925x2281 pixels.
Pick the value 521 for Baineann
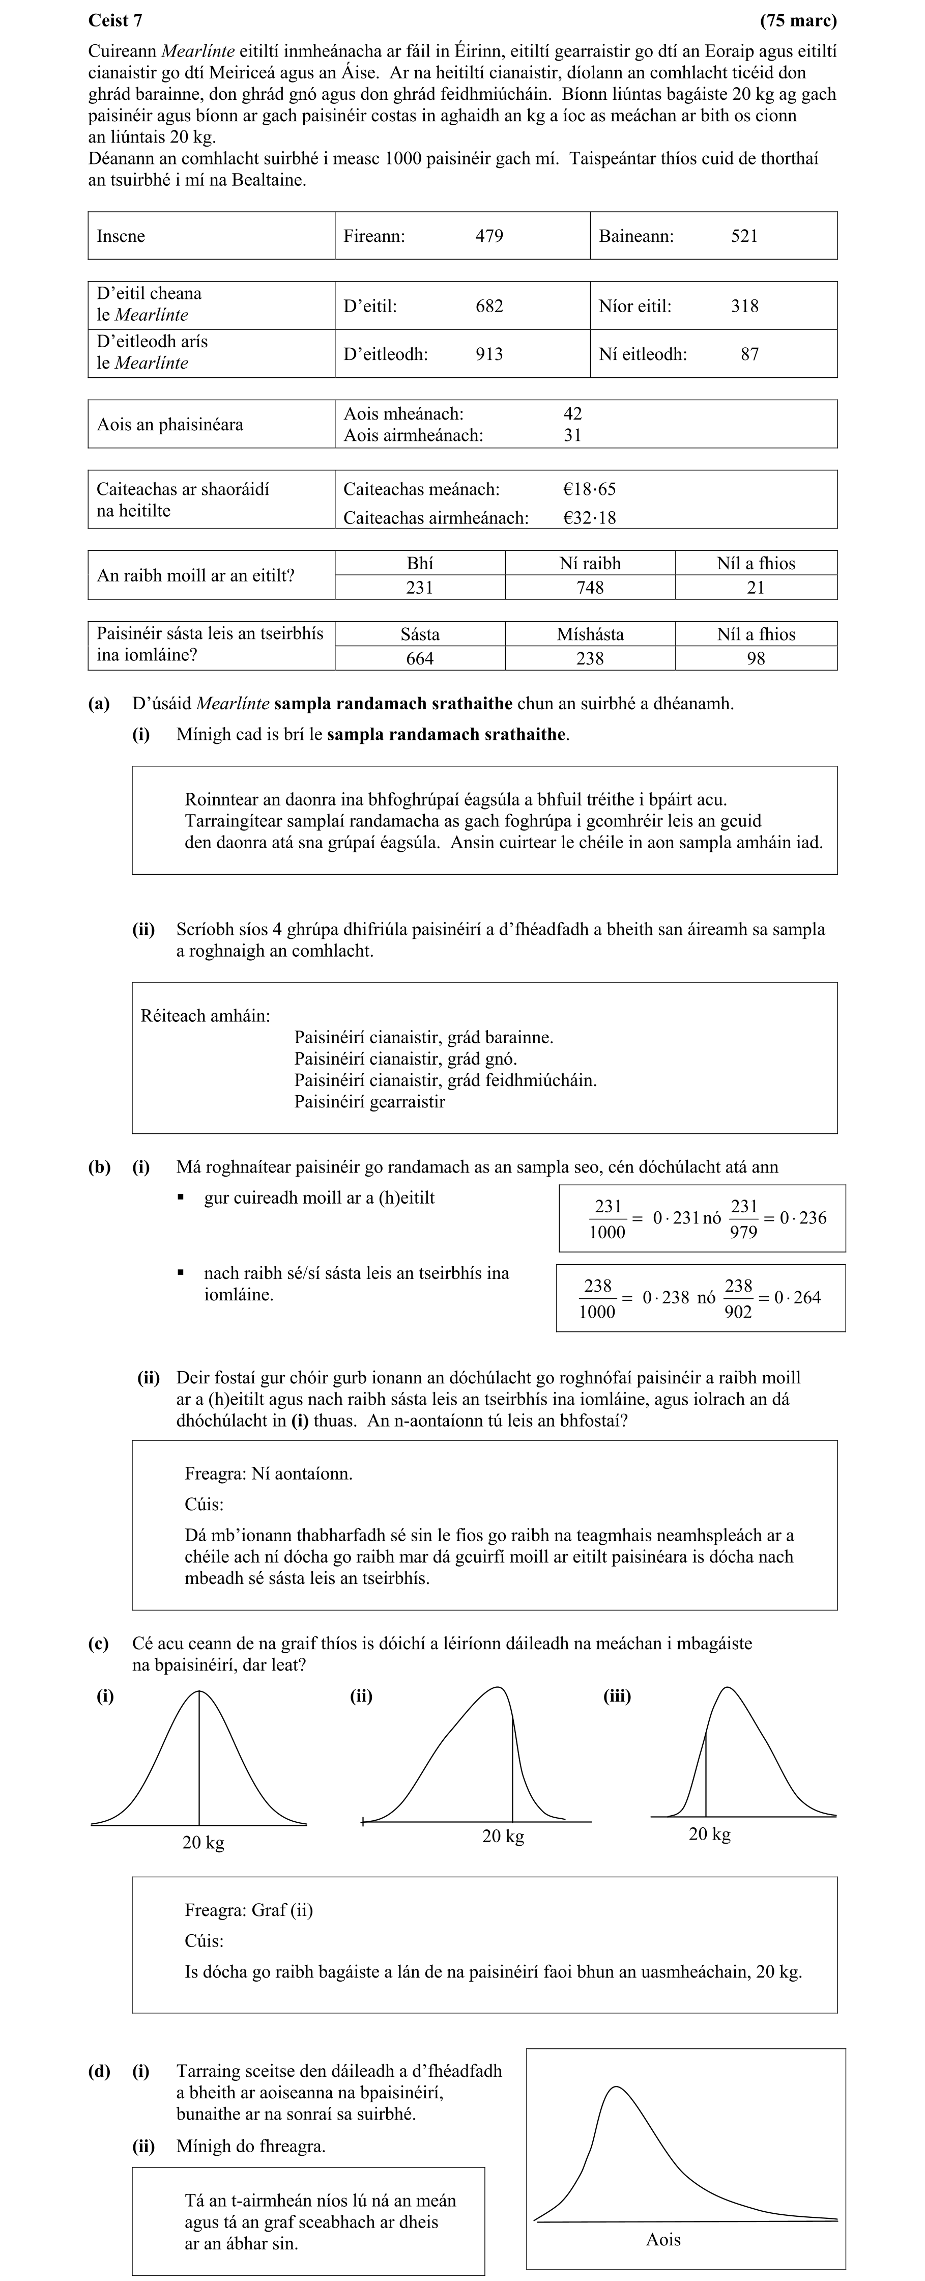pos(744,236)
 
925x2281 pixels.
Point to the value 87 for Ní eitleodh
pos(750,354)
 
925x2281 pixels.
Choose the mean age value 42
pos(573,413)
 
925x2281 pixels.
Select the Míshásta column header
pos(590,634)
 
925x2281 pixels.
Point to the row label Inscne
pos(121,236)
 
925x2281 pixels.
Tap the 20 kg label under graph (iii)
pos(709,1834)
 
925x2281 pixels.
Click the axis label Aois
pos(663,2239)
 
